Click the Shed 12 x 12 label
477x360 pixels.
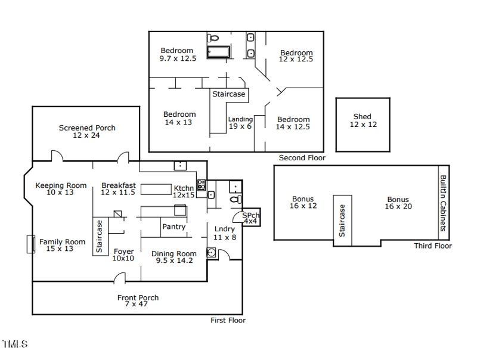tap(362, 120)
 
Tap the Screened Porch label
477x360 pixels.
tap(87, 131)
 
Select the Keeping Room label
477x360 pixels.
tap(61, 189)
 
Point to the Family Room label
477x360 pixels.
tap(62, 245)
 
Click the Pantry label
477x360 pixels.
tap(174, 226)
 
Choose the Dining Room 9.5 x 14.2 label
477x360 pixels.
tap(174, 257)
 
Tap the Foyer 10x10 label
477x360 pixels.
tap(123, 255)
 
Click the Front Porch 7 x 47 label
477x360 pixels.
tap(138, 300)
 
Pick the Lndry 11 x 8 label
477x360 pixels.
tap(225, 232)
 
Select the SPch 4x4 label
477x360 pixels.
tap(250, 218)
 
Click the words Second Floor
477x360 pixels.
tap(302, 158)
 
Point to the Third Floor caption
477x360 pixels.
tap(433, 246)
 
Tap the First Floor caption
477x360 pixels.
tap(228, 320)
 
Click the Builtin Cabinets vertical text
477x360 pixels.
tap(443, 203)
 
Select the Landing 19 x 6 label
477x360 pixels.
tap(240, 123)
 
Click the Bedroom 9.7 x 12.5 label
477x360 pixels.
tap(177, 54)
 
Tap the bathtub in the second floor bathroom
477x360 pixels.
tap(218, 52)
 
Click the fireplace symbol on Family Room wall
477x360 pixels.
tap(29, 244)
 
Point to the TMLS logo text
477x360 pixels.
tap(15, 344)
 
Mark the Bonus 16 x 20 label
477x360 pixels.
tap(398, 203)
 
